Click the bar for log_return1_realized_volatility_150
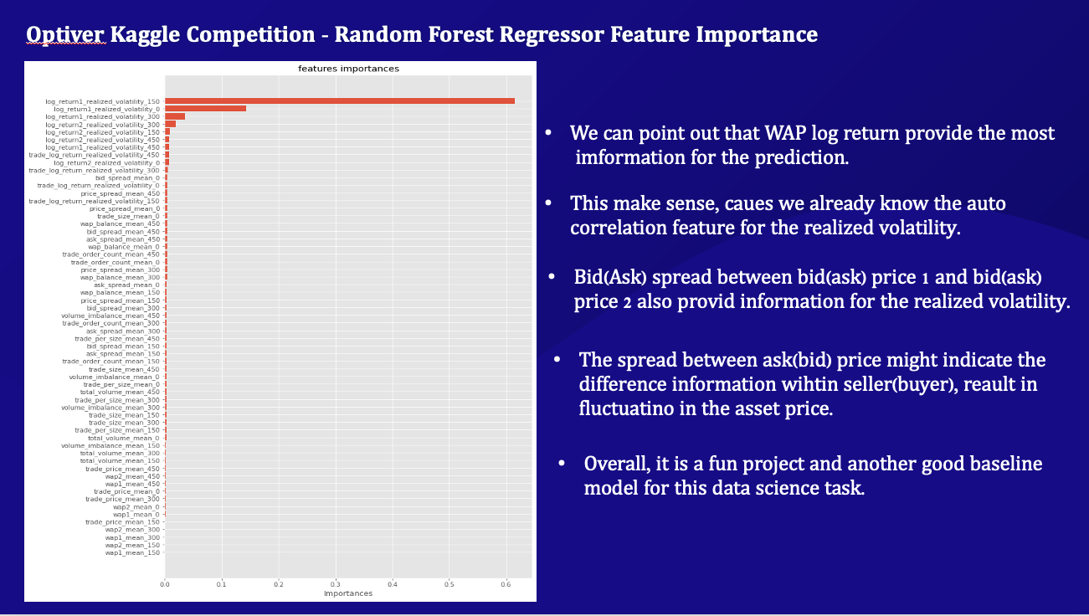click(340, 101)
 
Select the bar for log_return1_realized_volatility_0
click(206, 109)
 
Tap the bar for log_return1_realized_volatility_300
click(175, 116)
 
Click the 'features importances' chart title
click(348, 69)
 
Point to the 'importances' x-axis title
click(348, 593)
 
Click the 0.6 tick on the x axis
click(506, 584)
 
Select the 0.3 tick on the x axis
click(335, 584)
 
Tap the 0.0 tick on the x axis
click(165, 584)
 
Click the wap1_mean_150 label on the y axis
click(132, 552)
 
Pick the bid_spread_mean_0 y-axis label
click(127, 178)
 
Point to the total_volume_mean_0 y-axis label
click(124, 438)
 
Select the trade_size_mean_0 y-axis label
click(128, 217)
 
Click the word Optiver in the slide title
click(65, 34)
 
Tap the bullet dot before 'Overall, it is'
click(562, 464)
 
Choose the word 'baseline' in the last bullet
click(1006, 464)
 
